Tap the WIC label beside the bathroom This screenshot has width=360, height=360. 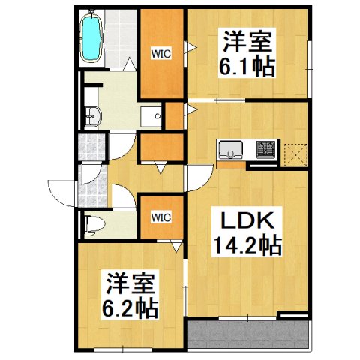[162, 53]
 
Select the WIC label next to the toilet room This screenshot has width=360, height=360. [162, 217]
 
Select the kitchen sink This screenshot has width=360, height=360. [230, 148]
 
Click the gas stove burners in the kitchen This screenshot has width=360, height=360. [266, 150]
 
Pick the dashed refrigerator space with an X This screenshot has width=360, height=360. [296, 152]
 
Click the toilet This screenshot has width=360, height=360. [94, 223]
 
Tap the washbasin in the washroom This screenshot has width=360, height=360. [93, 116]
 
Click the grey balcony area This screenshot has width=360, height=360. [247, 336]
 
